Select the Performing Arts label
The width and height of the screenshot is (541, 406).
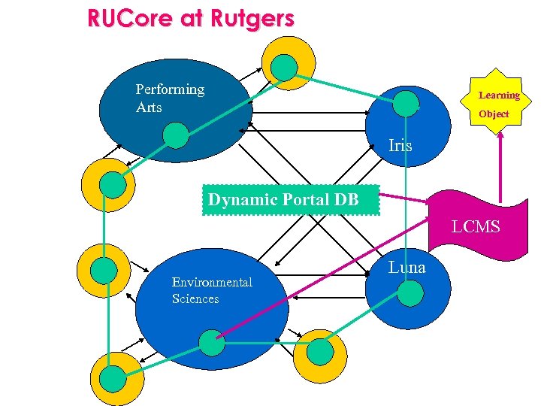tap(170, 98)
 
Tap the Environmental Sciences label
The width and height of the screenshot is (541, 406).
tap(211, 290)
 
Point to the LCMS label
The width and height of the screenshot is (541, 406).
tap(475, 226)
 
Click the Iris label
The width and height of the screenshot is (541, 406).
tap(400, 146)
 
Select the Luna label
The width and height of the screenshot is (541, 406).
tap(407, 268)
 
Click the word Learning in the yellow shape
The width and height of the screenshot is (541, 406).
tap(499, 95)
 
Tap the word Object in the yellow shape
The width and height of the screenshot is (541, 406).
tap(494, 114)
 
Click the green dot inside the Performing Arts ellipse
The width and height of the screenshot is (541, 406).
tap(175, 135)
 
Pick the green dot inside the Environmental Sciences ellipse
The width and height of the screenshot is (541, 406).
tap(212, 343)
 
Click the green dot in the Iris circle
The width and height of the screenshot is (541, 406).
tap(407, 103)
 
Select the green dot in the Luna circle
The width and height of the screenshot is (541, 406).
tap(410, 292)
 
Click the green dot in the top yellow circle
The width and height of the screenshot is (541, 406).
tap(284, 67)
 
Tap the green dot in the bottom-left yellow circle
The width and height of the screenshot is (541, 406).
tap(113, 377)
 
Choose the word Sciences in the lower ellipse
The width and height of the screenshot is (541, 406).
tap(195, 298)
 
